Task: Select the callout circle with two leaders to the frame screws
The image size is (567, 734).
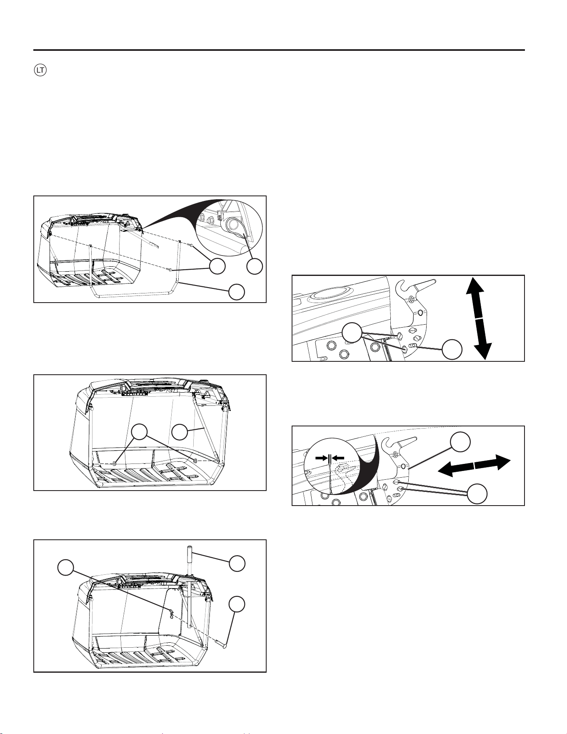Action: (x=217, y=267)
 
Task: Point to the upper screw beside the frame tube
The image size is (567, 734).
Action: (x=190, y=246)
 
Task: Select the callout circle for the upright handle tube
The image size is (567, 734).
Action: (x=237, y=563)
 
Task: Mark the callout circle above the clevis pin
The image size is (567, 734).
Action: (x=237, y=604)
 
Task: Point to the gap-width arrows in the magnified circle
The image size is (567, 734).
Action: (x=330, y=458)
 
